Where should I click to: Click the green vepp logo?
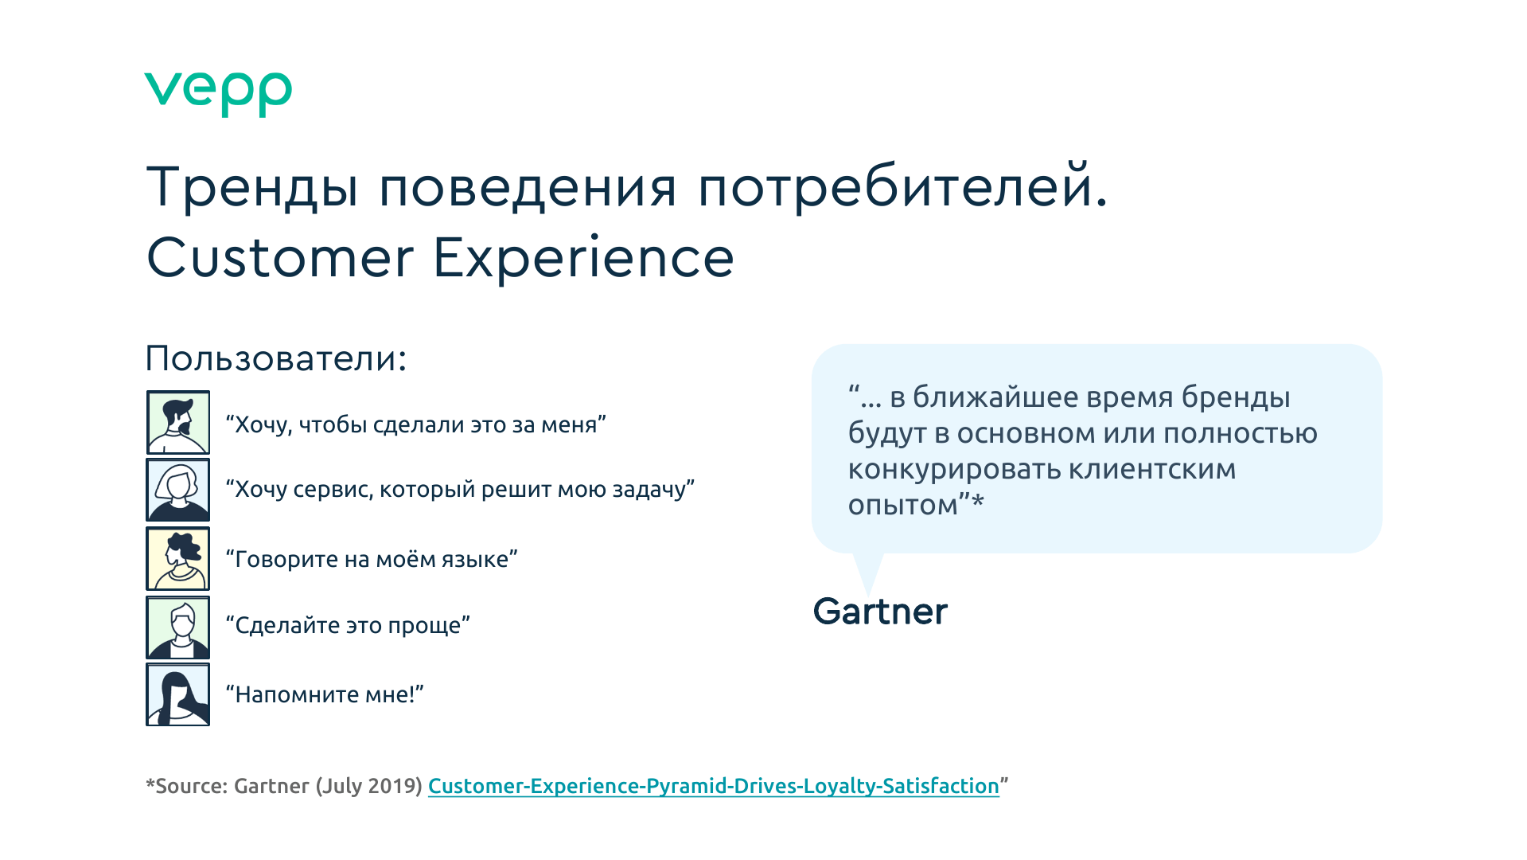pos(218,94)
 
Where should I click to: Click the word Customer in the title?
pos(281,258)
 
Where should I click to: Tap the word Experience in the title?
pos(584,260)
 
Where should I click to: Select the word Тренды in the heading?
pos(252,187)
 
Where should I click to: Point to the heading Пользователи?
pos(276,358)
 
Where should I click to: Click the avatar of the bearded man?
pos(178,422)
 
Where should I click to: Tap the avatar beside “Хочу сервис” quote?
pos(178,490)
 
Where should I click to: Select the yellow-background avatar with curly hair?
pos(178,558)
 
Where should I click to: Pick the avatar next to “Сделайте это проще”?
pos(178,627)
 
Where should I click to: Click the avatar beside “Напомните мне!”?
pos(178,694)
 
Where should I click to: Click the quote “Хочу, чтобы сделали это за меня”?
pos(416,425)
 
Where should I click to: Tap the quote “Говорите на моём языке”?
pos(372,559)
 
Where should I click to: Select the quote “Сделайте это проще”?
pos(349,626)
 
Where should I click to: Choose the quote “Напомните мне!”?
pos(325,694)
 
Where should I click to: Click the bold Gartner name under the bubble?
pos(880,612)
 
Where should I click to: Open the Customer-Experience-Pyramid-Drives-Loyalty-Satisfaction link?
pos(714,786)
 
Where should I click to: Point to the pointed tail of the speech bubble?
pos(868,593)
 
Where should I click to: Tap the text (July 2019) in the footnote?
pos(368,786)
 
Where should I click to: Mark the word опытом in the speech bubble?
pos(903,506)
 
